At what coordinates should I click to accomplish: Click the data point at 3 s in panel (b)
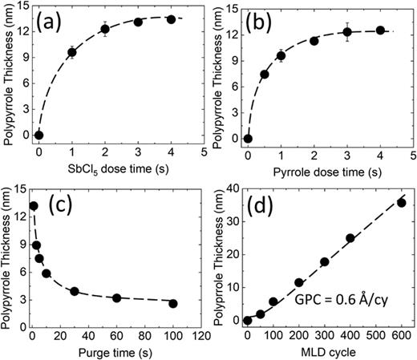click(x=347, y=32)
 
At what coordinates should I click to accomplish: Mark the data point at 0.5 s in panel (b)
click(x=265, y=74)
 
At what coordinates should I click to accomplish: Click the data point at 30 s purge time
click(x=75, y=291)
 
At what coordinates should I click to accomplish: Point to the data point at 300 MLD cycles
click(x=325, y=262)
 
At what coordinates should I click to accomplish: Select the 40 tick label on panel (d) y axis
click(x=232, y=190)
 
